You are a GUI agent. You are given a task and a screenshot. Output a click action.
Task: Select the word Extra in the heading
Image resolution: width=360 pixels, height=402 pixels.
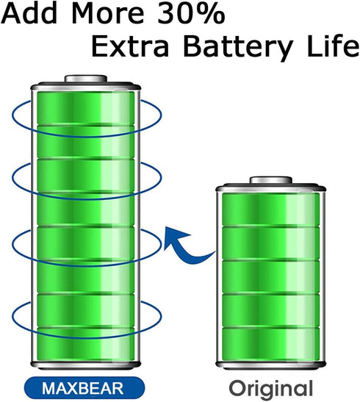(130, 46)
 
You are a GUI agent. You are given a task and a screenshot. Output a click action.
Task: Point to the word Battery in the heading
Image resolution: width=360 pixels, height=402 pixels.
(238, 49)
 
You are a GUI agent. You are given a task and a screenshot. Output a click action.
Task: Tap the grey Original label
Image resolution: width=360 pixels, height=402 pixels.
(271, 389)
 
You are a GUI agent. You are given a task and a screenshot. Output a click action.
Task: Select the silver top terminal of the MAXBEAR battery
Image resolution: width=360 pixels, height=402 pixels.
(85, 79)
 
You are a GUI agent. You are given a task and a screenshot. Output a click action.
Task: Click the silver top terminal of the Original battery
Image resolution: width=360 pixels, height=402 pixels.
(271, 180)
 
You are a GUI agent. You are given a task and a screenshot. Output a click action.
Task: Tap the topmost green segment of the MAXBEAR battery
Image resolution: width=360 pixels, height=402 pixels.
(85, 108)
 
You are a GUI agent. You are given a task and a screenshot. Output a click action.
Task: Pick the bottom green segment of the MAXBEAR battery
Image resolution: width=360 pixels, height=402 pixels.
(85, 343)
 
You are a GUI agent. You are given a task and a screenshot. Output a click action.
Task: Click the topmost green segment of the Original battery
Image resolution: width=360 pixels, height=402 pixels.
(271, 209)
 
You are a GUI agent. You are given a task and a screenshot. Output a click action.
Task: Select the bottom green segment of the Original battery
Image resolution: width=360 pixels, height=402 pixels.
(271, 343)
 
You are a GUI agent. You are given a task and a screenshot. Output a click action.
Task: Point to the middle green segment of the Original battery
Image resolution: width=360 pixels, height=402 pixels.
(271, 276)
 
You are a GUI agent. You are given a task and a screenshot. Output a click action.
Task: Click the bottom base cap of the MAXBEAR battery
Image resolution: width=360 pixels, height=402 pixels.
(85, 365)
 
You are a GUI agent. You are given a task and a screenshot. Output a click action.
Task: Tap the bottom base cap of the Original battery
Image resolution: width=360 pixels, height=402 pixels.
(271, 365)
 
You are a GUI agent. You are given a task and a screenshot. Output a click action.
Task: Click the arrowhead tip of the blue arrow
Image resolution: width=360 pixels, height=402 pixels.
(166, 227)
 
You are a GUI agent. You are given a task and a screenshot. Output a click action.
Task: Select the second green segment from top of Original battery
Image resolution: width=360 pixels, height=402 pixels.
(271, 243)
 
